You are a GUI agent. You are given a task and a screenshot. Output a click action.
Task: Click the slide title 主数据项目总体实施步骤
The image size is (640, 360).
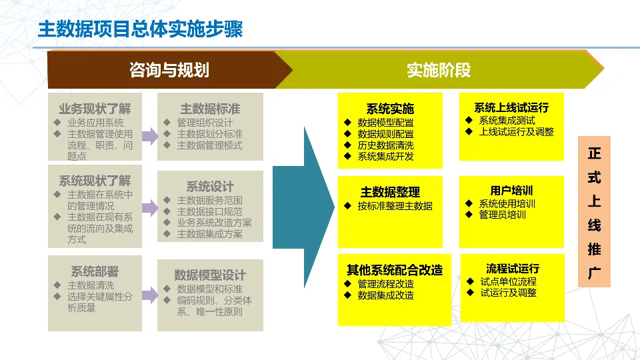[140, 30]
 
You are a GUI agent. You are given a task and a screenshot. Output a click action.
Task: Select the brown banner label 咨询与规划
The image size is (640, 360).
[169, 70]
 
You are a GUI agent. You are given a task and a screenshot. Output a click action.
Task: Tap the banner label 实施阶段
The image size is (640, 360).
[439, 70]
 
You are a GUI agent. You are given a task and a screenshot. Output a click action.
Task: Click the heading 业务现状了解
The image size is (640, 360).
[95, 109]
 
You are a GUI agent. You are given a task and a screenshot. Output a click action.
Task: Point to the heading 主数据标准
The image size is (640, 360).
[210, 109]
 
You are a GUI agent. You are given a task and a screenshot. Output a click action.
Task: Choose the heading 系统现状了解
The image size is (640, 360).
[95, 181]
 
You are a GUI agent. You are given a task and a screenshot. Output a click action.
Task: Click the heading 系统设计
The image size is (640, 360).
[210, 186]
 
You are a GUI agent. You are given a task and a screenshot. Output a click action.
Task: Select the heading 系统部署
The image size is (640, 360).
[95, 271]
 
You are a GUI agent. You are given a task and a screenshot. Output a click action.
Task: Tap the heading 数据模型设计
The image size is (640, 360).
[210, 275]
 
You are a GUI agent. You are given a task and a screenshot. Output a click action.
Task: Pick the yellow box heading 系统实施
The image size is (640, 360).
[390, 109]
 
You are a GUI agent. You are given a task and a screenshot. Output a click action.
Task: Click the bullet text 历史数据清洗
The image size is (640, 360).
[385, 145]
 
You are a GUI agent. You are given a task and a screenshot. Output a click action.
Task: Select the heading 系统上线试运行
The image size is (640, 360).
[511, 107]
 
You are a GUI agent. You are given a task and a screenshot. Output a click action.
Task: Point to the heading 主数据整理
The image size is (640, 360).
[390, 192]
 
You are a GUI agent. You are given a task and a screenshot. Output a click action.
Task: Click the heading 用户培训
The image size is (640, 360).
[511, 191]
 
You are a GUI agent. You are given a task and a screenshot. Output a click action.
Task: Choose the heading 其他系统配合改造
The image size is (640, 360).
[395, 270]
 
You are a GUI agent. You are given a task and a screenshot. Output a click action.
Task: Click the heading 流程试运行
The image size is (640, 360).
[513, 269]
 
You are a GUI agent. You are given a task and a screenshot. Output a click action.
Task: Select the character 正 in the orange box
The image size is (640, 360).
[594, 154]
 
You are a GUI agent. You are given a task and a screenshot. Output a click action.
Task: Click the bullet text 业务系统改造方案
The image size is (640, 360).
[214, 223]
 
